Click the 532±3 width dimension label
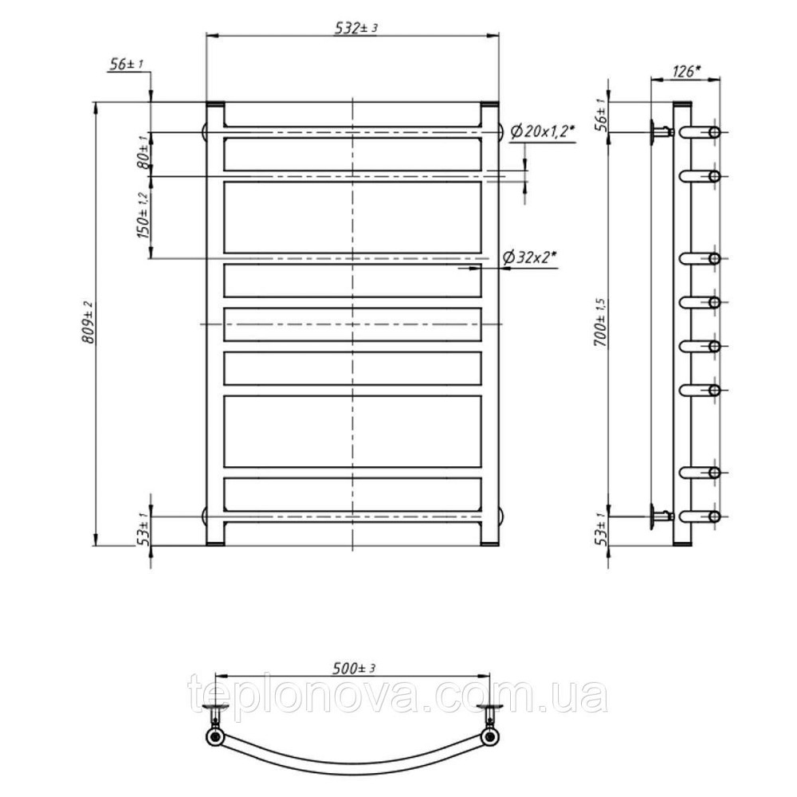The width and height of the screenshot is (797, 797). tap(355, 28)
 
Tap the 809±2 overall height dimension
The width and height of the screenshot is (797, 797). tap(89, 322)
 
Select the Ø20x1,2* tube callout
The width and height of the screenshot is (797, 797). tap(542, 132)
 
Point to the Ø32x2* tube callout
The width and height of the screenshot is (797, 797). tap(529, 257)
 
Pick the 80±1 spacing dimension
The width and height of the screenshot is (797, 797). tap(143, 151)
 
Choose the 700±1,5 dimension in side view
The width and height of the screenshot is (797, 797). tap(600, 323)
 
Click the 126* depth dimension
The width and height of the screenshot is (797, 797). tap(687, 72)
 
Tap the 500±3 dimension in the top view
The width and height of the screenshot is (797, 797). tap(354, 669)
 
